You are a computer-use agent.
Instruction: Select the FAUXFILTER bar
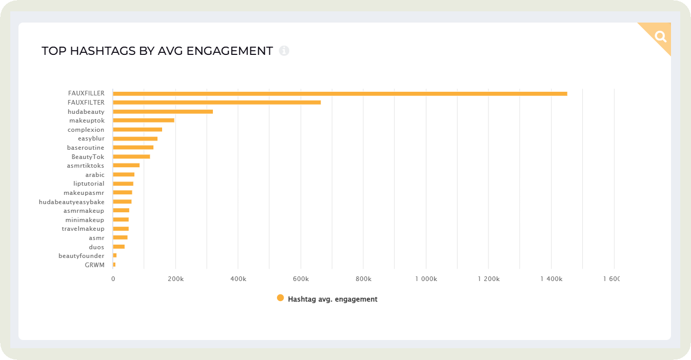coord(216,102)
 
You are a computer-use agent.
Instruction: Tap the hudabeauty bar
coord(163,111)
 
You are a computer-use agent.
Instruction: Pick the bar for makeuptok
coord(144,120)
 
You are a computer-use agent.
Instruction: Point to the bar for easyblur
coord(135,138)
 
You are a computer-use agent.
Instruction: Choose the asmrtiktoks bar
coord(126,165)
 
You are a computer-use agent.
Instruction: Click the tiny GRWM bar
coord(114,265)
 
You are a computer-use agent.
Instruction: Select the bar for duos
coord(119,247)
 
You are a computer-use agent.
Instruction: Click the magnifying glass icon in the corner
coord(660,36)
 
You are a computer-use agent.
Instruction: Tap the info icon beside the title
coord(284,51)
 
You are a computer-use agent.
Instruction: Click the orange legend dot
coord(280,298)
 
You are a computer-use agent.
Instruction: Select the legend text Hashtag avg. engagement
coord(332,299)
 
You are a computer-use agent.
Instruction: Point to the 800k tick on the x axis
coord(363,278)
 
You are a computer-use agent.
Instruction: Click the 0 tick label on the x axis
coord(113,278)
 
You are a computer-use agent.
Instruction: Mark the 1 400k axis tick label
coord(551,278)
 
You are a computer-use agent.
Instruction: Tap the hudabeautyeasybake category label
coord(72,202)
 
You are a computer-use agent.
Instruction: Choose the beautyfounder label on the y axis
coord(81,255)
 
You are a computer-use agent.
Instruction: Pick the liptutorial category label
coord(89,184)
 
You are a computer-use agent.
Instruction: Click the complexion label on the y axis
coord(86,130)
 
